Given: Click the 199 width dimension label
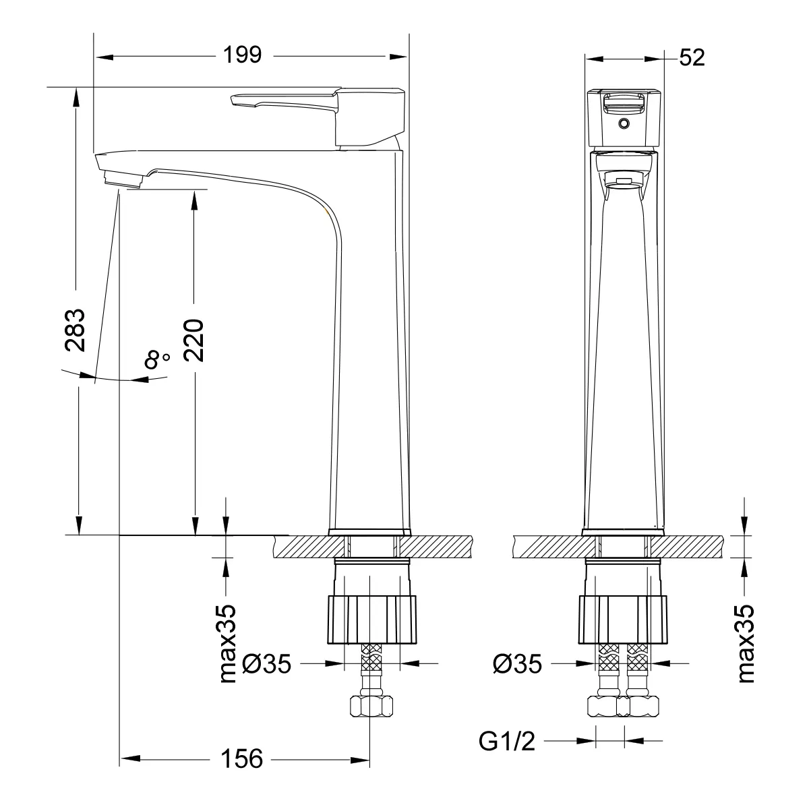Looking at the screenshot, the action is [x=242, y=55].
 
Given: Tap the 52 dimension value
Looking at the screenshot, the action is [x=692, y=57].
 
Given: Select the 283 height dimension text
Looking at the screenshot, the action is [x=75, y=330].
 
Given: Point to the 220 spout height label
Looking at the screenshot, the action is [x=193, y=340].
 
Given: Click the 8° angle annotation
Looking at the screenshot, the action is [x=156, y=359].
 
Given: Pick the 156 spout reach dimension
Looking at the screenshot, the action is [x=241, y=758].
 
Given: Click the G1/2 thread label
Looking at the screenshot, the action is [x=507, y=741].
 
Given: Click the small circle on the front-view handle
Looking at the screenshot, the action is [x=624, y=123].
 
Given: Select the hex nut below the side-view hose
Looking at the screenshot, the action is [x=371, y=706].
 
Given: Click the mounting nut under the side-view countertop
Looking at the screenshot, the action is [x=372, y=620].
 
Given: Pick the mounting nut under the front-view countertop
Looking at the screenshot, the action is [x=623, y=620].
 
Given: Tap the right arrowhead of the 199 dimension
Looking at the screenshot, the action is [x=398, y=57].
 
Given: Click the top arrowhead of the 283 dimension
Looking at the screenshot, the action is [x=76, y=97].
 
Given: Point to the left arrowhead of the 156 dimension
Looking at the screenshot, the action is [x=130, y=759].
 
